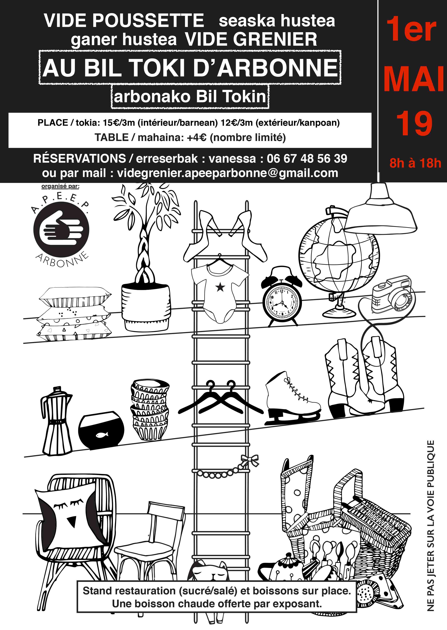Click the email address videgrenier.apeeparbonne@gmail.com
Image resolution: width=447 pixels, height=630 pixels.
228,173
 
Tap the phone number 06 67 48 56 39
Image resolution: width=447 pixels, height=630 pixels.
307,158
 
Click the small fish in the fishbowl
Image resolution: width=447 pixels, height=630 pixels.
102,435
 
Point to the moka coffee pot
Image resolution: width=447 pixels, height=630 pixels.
56,420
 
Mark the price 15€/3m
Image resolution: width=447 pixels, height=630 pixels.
119,123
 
